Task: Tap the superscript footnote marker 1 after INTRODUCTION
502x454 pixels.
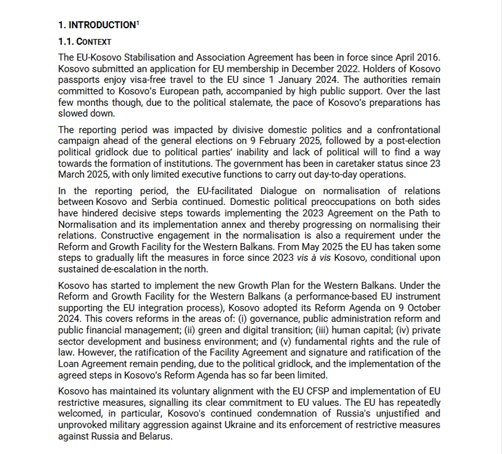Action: (138, 23)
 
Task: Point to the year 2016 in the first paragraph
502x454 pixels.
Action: (429, 57)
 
